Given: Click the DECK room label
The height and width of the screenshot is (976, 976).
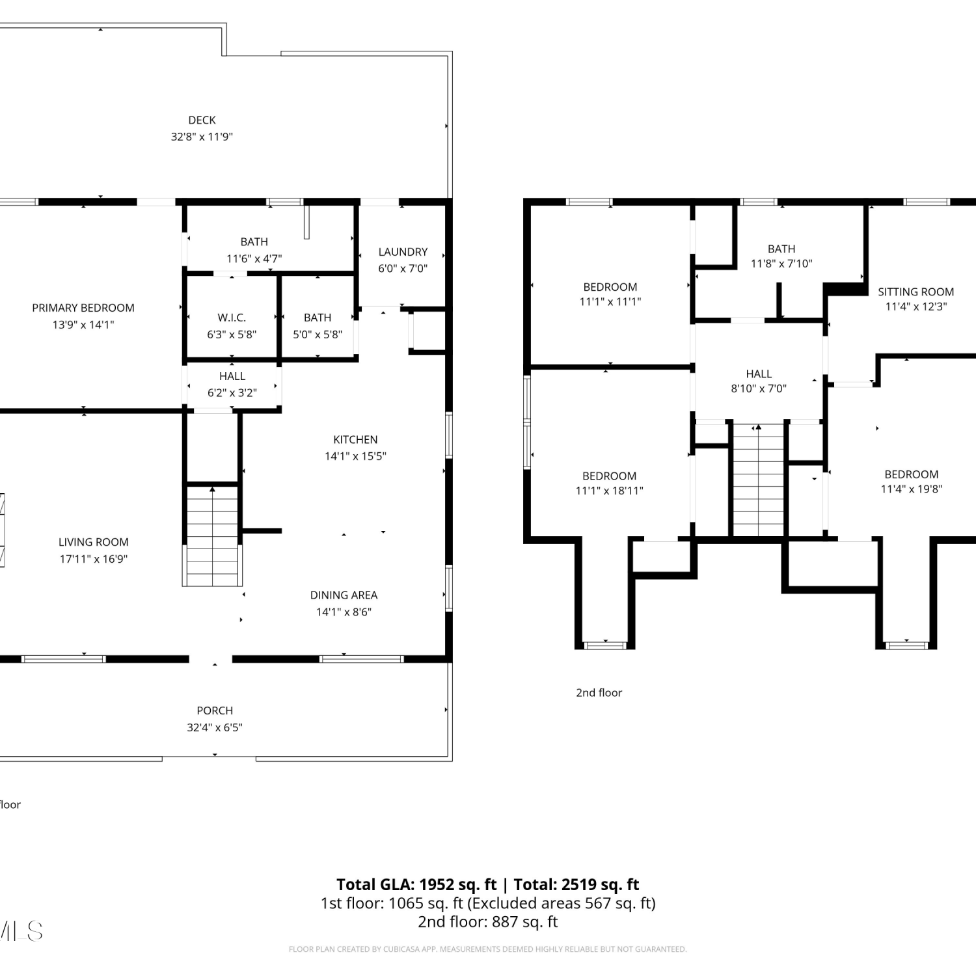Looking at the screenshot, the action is tap(202, 120).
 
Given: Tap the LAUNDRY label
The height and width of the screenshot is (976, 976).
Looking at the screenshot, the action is tap(403, 252).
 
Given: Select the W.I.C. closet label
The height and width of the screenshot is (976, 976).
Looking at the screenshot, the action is tap(232, 318).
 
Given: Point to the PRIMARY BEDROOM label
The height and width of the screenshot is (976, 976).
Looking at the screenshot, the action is tap(83, 308).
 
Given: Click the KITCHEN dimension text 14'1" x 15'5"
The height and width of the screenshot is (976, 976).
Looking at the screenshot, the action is tap(355, 456).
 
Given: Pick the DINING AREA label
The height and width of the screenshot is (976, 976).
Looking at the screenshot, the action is tap(344, 595).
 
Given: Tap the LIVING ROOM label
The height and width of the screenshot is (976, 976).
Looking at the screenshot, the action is tap(94, 542).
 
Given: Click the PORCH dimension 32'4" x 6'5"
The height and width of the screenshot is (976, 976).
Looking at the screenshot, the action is tap(215, 727).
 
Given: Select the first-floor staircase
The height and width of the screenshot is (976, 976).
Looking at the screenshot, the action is tap(212, 535).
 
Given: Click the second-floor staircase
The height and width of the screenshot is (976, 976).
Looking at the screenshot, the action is tap(759, 480).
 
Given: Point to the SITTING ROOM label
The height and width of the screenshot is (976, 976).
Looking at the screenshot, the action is tap(915, 292).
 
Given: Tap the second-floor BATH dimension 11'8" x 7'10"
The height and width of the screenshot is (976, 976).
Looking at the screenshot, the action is tap(781, 264).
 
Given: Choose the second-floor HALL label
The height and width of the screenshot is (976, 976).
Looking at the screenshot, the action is tap(759, 374).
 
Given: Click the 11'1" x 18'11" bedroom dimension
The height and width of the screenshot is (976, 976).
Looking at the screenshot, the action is tap(610, 491).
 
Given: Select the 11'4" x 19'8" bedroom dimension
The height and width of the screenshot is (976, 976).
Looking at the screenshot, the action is tap(912, 489).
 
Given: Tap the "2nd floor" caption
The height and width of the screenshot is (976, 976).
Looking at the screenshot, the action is tap(599, 693).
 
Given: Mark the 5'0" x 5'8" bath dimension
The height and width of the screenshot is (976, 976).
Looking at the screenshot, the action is tap(318, 334).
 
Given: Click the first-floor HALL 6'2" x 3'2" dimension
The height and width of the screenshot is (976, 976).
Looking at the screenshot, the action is tap(232, 393).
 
